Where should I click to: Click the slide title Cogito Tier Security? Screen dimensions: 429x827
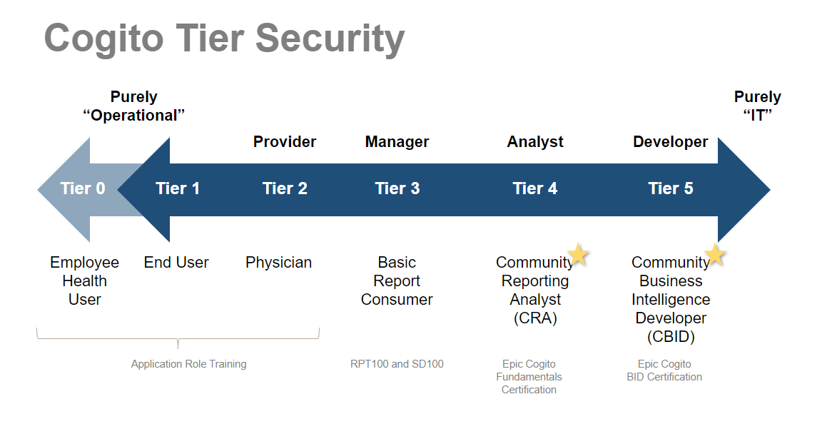point(224,38)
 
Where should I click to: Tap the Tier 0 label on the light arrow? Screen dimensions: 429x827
point(83,188)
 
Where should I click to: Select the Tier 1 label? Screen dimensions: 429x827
point(178,188)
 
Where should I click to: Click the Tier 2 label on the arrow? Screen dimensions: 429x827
point(285,188)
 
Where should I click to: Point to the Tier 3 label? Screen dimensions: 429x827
point(397,188)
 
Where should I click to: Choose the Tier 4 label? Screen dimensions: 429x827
point(535,188)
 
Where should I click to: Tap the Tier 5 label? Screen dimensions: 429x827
point(671,188)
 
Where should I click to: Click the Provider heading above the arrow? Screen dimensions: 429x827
point(285,142)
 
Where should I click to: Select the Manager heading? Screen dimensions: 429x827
point(397,142)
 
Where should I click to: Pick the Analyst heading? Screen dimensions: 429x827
point(535,142)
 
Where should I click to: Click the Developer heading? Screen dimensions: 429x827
point(671,142)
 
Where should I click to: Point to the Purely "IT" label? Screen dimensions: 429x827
point(758,106)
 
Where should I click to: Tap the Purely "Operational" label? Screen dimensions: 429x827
point(134,106)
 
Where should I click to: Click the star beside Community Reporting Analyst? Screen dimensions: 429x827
point(578,254)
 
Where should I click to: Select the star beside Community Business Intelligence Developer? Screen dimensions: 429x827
point(714,254)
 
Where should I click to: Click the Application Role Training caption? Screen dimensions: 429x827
point(188,364)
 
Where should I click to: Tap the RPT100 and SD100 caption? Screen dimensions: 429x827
point(397,364)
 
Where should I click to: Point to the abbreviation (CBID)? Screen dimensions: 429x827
point(671,337)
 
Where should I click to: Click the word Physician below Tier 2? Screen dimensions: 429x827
point(278,263)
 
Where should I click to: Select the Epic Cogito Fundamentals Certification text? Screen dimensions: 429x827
point(529,377)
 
